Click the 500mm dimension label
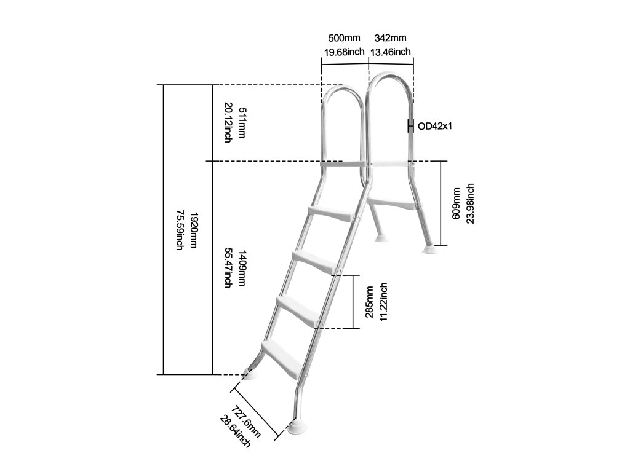pyautogui.click(x=340, y=38)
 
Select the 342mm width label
pyautogui.click(x=390, y=38)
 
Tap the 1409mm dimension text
pyautogui.click(x=242, y=268)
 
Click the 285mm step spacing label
pyautogui.click(x=369, y=301)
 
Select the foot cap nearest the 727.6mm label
pyautogui.click(x=298, y=427)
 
